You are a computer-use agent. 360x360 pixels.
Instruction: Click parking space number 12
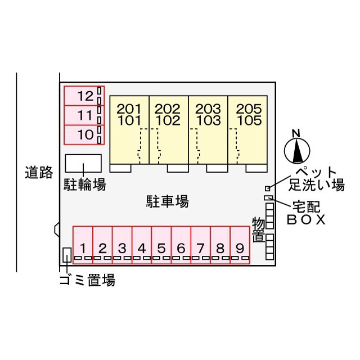click(84, 96)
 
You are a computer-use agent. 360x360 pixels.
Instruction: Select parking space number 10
click(84, 135)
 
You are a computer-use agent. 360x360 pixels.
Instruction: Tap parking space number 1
click(83, 245)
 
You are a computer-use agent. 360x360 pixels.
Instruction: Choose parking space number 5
click(161, 245)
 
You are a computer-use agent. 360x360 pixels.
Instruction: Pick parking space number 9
click(240, 245)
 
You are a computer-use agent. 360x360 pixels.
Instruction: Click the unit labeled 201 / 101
click(129, 130)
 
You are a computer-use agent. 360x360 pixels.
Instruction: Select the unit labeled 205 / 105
click(247, 130)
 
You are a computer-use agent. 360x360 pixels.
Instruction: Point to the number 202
click(168, 109)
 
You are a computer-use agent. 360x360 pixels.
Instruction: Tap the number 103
click(208, 120)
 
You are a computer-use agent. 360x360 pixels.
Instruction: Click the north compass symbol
click(297, 148)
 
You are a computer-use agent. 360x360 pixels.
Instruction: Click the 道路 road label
click(39, 173)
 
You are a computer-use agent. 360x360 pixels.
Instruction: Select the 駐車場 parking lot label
click(168, 201)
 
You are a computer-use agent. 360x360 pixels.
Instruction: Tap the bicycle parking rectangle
click(83, 163)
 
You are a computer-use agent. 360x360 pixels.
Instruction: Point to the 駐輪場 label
click(85, 184)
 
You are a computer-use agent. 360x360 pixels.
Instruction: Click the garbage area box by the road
click(67, 255)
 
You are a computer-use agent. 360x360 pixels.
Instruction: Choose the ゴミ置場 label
click(88, 280)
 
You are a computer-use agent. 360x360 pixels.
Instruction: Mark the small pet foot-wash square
click(268, 188)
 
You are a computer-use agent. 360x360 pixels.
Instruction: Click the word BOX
click(306, 220)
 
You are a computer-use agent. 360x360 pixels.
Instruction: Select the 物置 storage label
click(259, 229)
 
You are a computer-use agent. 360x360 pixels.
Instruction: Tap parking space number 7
click(201, 245)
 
